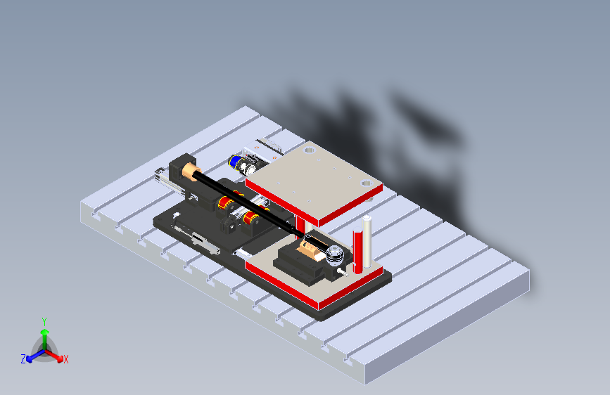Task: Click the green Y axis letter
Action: point(44,320)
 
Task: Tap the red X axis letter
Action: point(65,359)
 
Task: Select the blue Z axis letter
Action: point(23,358)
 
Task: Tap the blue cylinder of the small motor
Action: point(235,162)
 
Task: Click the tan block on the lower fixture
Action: point(307,247)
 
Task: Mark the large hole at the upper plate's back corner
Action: point(307,150)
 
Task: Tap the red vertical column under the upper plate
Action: point(301,224)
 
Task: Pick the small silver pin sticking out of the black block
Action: point(341,269)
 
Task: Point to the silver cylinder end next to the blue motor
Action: point(248,167)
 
